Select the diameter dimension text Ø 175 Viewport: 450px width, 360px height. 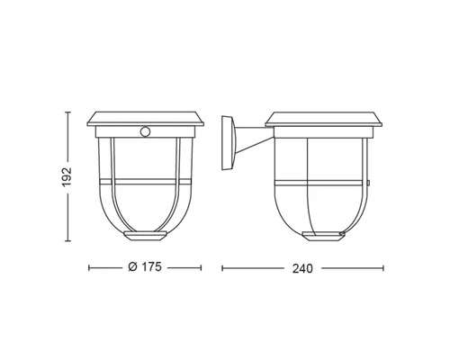[143, 268]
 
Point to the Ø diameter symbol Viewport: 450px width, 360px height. [131, 268]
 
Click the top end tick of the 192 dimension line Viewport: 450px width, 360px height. [67, 112]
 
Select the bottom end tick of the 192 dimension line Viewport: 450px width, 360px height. [67, 241]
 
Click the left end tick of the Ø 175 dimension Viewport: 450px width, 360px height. [89, 268]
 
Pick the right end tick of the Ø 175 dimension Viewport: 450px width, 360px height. [199, 268]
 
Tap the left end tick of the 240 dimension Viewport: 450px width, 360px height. [222, 268]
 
